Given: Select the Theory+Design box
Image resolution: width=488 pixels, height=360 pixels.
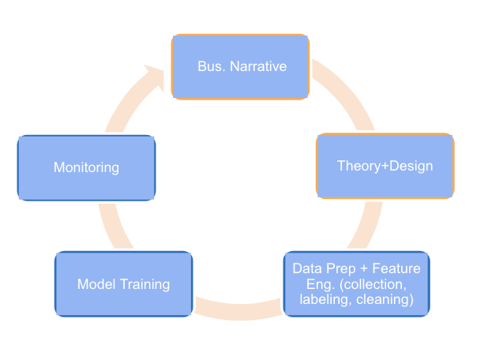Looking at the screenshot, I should [x=385, y=166].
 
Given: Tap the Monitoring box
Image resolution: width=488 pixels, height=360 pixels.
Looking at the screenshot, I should [x=86, y=167].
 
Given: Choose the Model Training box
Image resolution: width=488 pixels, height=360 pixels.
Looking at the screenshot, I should [x=123, y=284].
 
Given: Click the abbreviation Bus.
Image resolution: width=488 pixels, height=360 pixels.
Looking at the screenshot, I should [x=209, y=66].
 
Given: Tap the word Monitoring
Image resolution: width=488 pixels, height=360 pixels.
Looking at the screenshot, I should [x=86, y=167].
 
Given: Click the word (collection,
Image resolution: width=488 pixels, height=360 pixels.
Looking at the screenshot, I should [x=385, y=284].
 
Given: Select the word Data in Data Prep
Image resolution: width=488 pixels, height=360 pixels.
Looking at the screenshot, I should [x=306, y=268].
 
